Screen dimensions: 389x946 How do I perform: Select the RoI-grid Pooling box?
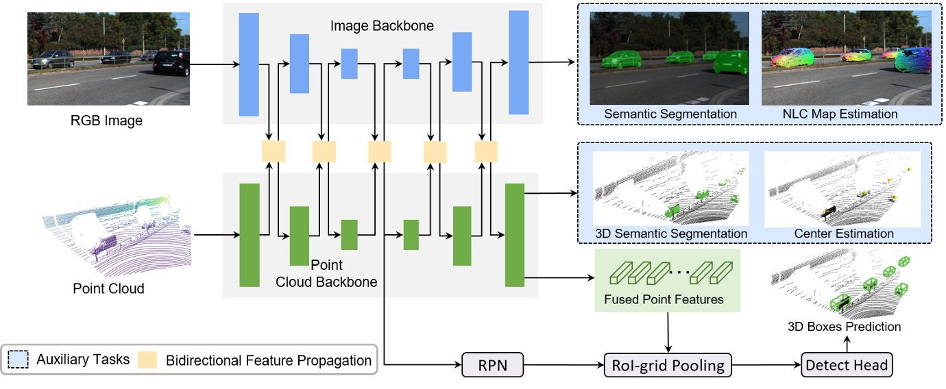668,365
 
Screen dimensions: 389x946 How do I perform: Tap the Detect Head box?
847,365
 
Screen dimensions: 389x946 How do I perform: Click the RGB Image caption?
106,122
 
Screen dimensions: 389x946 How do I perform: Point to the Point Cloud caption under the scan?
108,288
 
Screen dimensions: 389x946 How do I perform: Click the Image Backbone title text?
382,26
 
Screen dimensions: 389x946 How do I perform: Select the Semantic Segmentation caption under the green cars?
670,114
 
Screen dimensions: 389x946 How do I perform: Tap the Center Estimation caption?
844,234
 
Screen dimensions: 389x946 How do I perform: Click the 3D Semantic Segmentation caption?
670,234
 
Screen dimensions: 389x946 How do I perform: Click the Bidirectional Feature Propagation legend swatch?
148,359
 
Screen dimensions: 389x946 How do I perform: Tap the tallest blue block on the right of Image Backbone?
518,62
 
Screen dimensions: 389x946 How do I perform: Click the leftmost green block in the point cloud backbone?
249,235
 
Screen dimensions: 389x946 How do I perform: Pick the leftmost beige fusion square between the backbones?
273,151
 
